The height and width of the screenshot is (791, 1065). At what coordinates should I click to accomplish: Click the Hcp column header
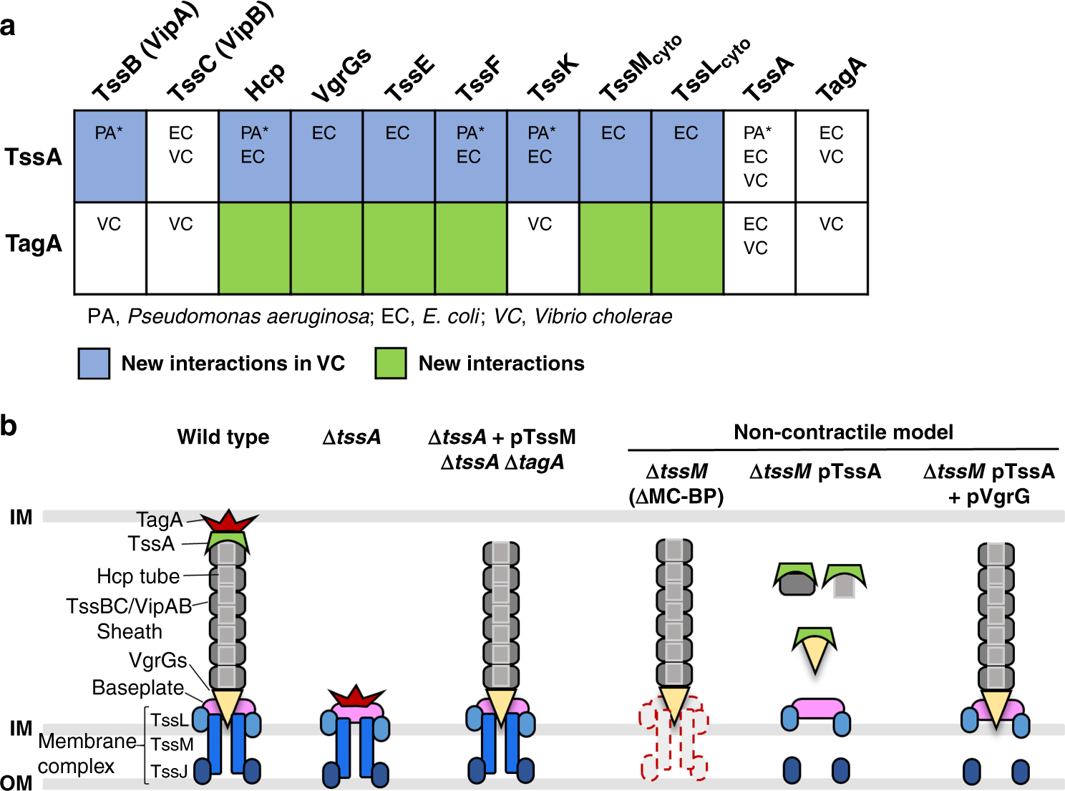point(264,82)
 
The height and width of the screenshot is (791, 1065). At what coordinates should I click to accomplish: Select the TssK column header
point(553,78)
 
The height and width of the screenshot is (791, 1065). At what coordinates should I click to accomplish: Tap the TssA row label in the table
point(34,157)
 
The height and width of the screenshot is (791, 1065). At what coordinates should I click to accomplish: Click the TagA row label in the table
point(34,244)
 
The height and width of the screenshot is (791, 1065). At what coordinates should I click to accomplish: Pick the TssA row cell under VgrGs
point(326,156)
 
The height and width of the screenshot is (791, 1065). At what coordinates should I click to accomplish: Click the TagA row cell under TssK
point(543,248)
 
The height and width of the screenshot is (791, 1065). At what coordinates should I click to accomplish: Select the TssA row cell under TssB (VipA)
point(110,156)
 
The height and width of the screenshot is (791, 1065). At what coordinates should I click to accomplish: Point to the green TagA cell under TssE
point(399,248)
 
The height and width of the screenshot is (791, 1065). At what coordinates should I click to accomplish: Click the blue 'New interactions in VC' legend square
point(94,364)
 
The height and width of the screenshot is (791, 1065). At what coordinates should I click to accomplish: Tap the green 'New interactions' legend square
point(391,364)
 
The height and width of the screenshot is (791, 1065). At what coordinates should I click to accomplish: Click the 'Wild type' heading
point(223,437)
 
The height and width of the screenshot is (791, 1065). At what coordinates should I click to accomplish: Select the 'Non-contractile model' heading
point(843,432)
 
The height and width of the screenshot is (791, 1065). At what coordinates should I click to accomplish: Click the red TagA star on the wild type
point(228,521)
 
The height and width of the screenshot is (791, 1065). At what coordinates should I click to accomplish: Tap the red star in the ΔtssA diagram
point(356,696)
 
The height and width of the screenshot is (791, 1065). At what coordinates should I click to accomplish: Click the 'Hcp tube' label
point(138,576)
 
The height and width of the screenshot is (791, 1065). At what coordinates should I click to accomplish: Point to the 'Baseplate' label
point(138,688)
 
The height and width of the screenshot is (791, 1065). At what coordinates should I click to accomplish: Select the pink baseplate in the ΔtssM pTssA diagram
point(817,709)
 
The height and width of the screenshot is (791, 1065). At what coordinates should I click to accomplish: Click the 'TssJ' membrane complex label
point(170,772)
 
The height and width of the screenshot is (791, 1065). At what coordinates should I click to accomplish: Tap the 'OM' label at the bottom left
point(16,782)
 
